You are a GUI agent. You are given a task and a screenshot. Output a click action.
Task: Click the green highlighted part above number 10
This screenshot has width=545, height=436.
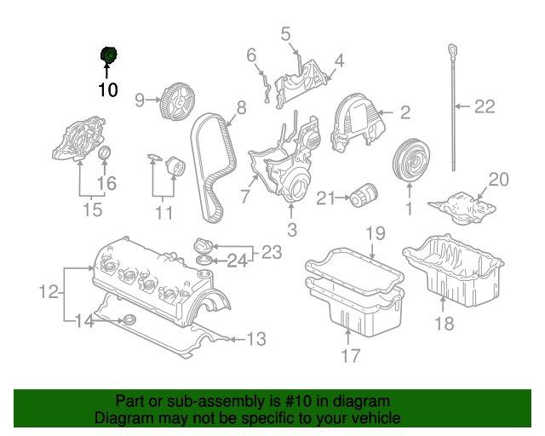pos(108,56)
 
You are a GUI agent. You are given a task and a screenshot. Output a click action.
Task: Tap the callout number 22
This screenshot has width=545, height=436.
pos(484,107)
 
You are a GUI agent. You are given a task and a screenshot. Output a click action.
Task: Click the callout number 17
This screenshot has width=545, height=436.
pos(352,356)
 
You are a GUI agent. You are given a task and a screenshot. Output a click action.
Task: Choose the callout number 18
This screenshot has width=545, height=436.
pos(445,323)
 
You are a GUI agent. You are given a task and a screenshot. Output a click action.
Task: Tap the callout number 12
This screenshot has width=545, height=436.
pos(49,293)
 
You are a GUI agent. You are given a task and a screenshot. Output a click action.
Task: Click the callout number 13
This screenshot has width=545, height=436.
pos(255,340)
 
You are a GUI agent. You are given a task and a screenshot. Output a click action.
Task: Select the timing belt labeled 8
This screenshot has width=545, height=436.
pos(212,166)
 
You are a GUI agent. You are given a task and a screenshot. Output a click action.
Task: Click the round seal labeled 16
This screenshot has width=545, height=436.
pos(106,153)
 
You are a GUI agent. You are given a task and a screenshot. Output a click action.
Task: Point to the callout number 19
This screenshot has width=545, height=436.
pos(376,232)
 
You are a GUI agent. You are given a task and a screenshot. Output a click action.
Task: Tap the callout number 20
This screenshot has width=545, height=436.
pos(497,180)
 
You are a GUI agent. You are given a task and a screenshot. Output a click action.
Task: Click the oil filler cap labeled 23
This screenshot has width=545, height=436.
pos(205,242)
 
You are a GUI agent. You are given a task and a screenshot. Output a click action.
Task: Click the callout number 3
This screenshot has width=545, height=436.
pos(291,229)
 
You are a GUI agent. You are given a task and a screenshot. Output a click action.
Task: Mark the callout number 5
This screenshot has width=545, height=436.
pos(285,34)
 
